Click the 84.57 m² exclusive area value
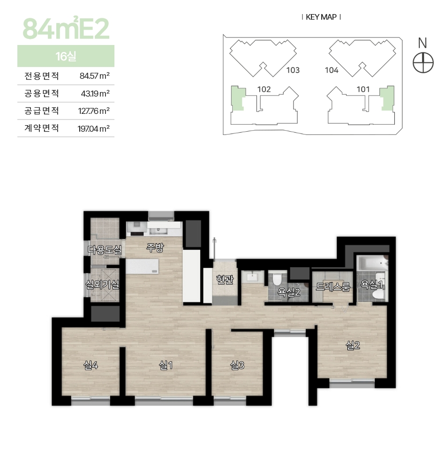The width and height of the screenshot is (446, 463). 95,76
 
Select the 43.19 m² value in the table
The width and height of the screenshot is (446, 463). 95,94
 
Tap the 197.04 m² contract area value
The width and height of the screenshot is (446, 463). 94,129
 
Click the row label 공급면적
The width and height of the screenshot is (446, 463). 42,111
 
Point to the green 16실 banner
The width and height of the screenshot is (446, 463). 66,56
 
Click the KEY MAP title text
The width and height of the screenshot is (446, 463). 321,17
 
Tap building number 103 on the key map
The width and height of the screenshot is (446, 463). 293,70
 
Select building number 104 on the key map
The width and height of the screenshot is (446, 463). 331,70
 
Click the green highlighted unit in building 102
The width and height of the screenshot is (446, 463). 238,98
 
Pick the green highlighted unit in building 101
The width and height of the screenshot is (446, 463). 387,98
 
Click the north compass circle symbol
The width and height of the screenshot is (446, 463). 423,63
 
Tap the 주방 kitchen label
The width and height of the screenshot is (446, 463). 155,247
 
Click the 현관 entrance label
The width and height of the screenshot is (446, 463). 225,279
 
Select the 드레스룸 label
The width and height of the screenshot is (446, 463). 333,286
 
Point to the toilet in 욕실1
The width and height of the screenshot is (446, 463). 378,294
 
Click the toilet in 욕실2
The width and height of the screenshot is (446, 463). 277,280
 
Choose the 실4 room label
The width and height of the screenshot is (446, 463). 91,366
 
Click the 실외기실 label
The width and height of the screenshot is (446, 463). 102,284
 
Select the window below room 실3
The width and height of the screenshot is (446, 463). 230,399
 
